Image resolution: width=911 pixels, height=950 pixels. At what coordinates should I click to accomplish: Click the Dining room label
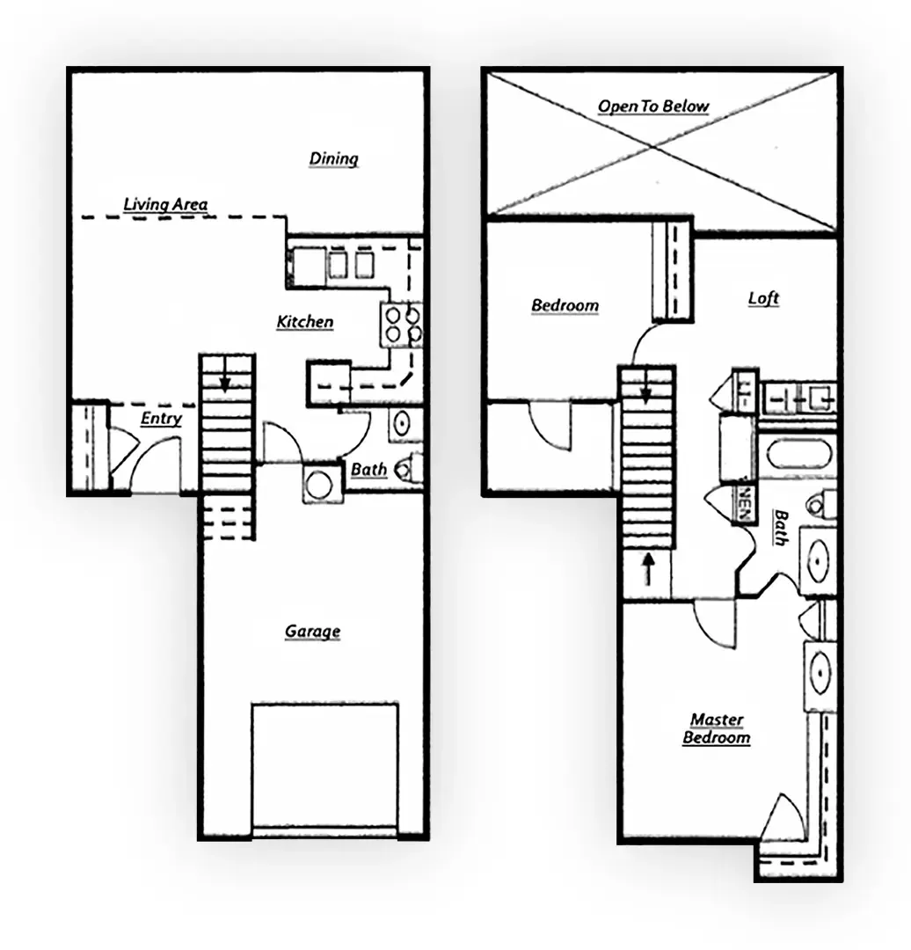tap(334, 159)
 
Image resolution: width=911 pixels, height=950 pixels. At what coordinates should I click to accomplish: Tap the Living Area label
tap(165, 205)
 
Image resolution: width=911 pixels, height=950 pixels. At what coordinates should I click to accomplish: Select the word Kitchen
tap(305, 322)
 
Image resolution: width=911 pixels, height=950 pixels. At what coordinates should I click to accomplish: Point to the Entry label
tap(161, 419)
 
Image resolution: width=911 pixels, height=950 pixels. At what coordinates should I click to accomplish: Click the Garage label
tap(312, 632)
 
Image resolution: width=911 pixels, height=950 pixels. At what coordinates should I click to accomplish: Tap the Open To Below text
tap(653, 106)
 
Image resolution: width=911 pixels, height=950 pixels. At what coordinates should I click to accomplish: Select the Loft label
tap(763, 298)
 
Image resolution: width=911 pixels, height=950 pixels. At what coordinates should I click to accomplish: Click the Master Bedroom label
tap(717, 729)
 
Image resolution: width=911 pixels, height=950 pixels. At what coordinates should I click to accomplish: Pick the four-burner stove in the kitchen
tap(402, 323)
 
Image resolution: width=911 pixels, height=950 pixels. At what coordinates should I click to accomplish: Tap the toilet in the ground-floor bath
tap(410, 467)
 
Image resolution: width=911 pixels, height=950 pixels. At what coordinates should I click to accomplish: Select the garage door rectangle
tap(324, 765)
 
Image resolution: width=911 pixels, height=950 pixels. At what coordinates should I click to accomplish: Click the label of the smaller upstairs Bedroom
tap(565, 305)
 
